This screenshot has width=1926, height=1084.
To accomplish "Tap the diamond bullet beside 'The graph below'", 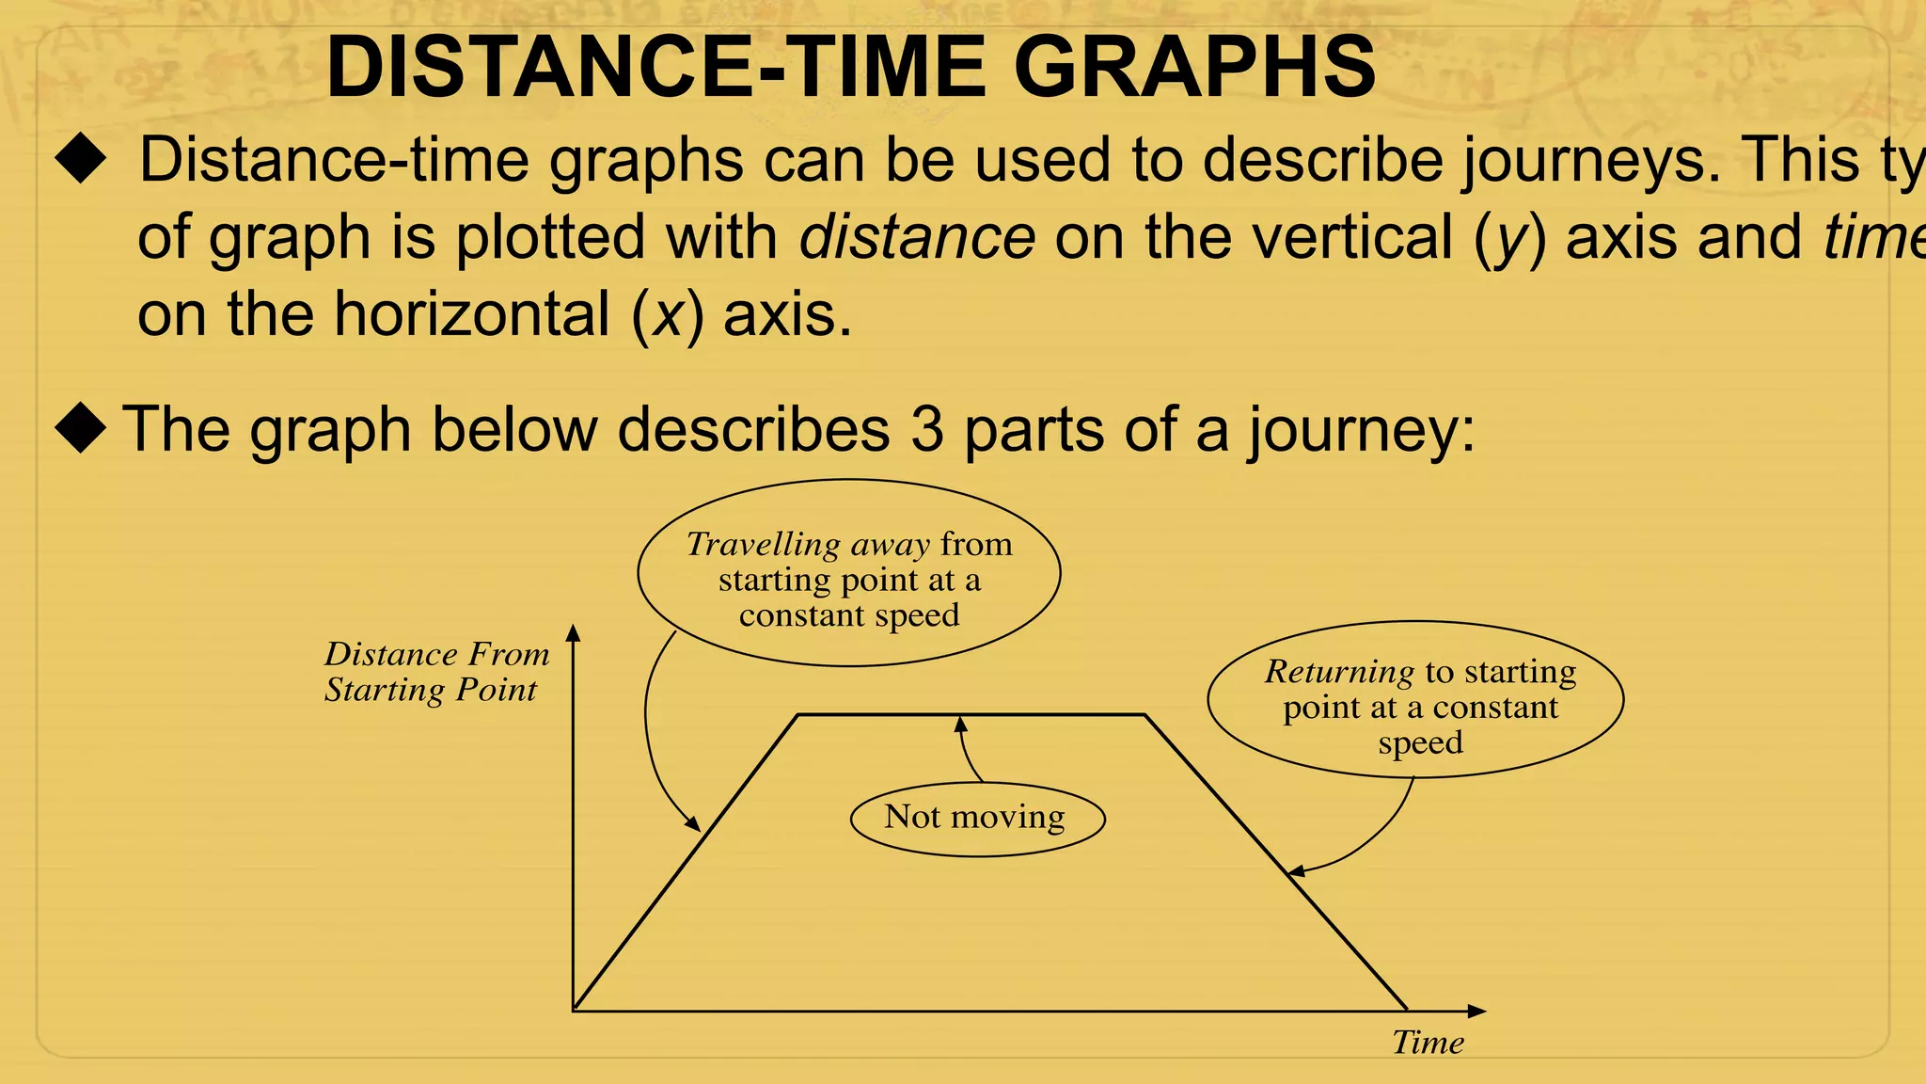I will (81, 428).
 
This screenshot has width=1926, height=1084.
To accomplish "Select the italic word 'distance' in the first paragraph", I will (917, 237).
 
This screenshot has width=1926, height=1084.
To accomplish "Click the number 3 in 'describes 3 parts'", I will (926, 430).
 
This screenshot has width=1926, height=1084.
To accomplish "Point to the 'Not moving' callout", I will (976, 818).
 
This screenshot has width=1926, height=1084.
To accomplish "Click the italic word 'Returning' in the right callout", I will (1338, 672).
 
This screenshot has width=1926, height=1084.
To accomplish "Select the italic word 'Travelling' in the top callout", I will (763, 545).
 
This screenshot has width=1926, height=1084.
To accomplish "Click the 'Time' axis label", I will (1428, 1043).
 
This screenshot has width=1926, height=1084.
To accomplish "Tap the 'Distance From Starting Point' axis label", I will (436, 672).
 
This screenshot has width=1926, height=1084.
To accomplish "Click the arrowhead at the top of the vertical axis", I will (574, 631).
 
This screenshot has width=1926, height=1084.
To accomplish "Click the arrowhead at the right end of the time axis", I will (1477, 1011).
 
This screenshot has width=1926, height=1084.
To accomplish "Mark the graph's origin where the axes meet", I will (574, 1011).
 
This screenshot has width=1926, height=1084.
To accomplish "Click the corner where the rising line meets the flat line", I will (798, 715).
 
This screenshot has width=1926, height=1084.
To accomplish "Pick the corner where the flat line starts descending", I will (1145, 715).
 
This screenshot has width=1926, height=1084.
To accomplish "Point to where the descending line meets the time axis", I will (1407, 1011).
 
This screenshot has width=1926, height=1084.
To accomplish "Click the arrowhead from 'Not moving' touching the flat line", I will (960, 723).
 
